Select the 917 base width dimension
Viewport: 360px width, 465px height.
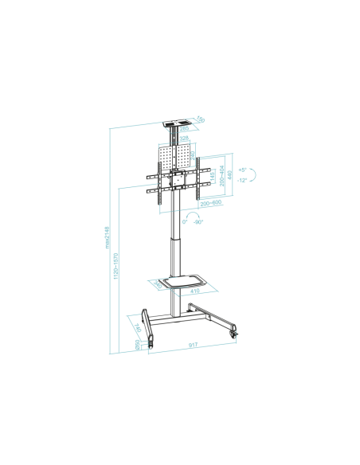pos(194,346)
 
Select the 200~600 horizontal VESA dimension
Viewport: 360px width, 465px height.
pos(211,204)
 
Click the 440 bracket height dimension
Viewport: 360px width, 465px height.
pos(230,176)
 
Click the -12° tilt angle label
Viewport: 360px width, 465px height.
pos(242,180)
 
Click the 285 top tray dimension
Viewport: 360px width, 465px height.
pos(184,127)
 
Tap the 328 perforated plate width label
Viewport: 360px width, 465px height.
pos(184,139)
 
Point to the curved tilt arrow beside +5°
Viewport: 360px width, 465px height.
pos(255,175)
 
